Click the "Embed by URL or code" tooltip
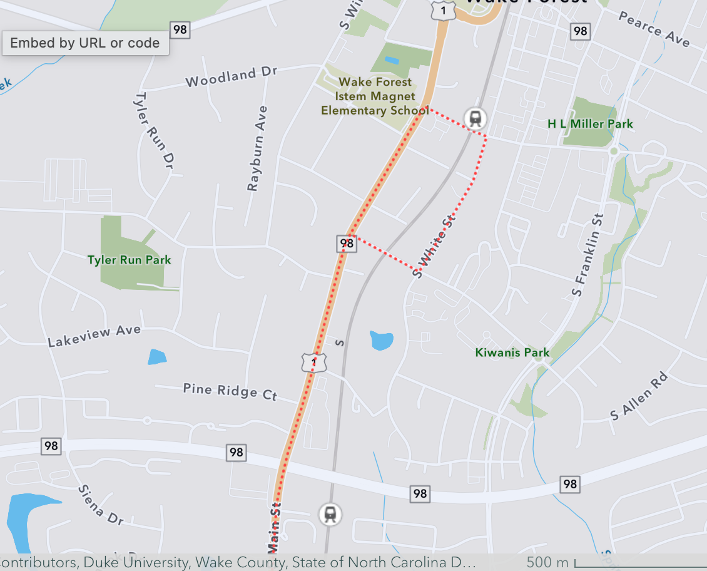(85, 43)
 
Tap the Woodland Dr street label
(231, 77)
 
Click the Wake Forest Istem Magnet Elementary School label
(375, 96)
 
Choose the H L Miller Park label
(590, 124)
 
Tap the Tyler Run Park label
(129, 260)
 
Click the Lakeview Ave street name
(94, 336)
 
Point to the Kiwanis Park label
(512, 352)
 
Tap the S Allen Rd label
(639, 396)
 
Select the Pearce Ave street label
(654, 29)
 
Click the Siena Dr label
(101, 505)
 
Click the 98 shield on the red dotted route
(347, 243)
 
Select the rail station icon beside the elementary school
(476, 117)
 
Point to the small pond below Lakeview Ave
(157, 357)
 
